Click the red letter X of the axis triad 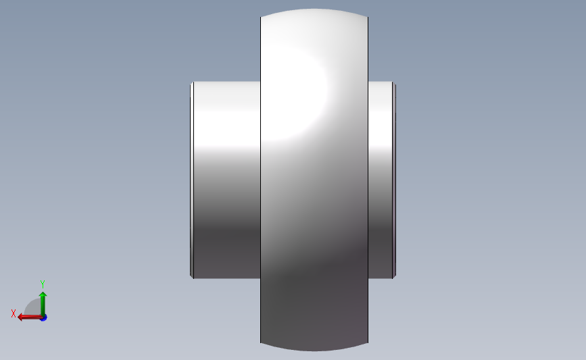pos(14,313)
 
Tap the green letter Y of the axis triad pos(42,284)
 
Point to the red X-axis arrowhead pos(21,317)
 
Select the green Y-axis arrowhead pos(43,295)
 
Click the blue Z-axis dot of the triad pos(44,318)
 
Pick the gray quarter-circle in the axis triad pos(32,308)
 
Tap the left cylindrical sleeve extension pos(227,180)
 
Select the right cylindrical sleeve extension pos(380,180)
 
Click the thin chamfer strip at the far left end pos(192,180)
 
